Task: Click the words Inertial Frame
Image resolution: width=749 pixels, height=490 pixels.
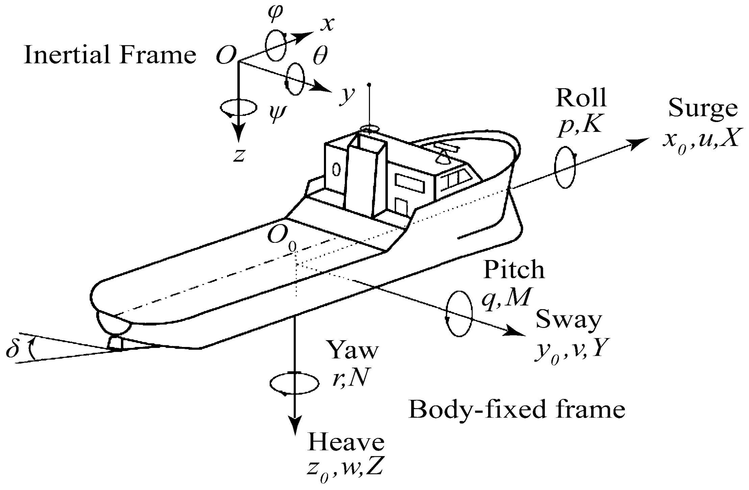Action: tap(110, 55)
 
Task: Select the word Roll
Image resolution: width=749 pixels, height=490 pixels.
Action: tap(581, 98)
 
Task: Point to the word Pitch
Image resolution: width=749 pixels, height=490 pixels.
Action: tap(514, 270)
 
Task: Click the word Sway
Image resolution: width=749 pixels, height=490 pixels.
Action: tap(569, 320)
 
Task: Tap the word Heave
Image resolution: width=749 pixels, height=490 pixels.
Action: tap(346, 443)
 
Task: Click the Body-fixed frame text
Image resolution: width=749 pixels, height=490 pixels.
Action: tap(517, 410)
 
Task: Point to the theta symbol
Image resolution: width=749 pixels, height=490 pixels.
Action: tap(320, 56)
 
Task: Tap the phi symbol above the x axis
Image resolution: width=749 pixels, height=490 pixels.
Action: tap(275, 14)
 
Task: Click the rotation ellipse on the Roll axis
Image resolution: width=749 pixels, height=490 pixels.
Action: tap(565, 167)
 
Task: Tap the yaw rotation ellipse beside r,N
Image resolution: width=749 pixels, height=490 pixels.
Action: tap(294, 383)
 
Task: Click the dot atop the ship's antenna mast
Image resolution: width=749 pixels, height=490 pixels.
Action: tap(369, 84)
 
